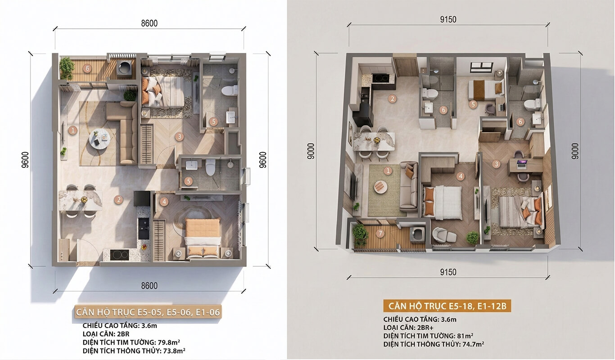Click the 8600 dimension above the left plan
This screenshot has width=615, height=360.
point(149,23)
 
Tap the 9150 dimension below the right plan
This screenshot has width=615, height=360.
point(448,272)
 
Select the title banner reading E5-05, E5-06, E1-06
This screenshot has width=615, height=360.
point(148,312)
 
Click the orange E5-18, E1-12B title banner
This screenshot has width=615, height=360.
point(447,306)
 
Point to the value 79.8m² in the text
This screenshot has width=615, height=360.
point(169,342)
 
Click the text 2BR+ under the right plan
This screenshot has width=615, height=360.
point(425,328)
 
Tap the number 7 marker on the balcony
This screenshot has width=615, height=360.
point(380,234)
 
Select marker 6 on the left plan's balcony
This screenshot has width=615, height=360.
point(87,68)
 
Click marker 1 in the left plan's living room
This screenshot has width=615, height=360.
point(73,130)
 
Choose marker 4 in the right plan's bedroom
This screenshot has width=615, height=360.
point(461,176)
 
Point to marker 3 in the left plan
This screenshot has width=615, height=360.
point(179,137)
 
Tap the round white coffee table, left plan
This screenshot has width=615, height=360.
point(99,139)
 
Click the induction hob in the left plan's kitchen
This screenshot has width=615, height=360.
point(119,255)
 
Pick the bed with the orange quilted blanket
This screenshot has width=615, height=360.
point(203,238)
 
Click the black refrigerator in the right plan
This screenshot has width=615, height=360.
point(362,115)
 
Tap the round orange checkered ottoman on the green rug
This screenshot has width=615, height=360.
point(381,187)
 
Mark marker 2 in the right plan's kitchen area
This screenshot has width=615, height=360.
point(392,99)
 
